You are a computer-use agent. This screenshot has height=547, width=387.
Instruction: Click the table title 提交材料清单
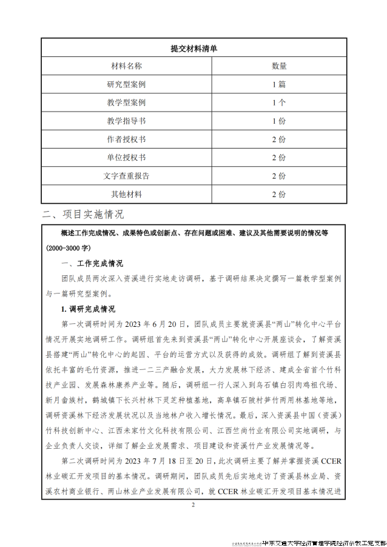(x=193, y=47)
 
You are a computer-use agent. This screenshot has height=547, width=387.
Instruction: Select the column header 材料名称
(x=126, y=65)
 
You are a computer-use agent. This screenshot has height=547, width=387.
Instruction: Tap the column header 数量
(x=278, y=65)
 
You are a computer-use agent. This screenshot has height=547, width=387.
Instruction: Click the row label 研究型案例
(x=126, y=84)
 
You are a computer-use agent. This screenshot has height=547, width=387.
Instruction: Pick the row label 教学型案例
(x=126, y=102)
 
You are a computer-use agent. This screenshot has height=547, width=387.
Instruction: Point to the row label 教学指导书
(x=126, y=121)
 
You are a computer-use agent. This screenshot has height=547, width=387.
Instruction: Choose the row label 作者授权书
(x=126, y=139)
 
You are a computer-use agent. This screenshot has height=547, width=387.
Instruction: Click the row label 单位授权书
(x=126, y=157)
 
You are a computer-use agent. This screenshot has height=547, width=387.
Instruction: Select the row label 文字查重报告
(x=126, y=176)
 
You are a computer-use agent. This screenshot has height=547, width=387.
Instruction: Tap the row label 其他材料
(x=126, y=194)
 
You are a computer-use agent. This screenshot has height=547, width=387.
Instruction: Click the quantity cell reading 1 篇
(x=278, y=84)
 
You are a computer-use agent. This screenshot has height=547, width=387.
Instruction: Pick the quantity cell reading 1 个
(x=278, y=102)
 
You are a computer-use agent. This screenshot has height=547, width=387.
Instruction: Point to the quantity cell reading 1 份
(x=278, y=121)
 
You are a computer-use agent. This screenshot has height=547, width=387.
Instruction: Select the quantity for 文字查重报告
(x=278, y=176)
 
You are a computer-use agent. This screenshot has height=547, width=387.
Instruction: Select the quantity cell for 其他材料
(x=278, y=194)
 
